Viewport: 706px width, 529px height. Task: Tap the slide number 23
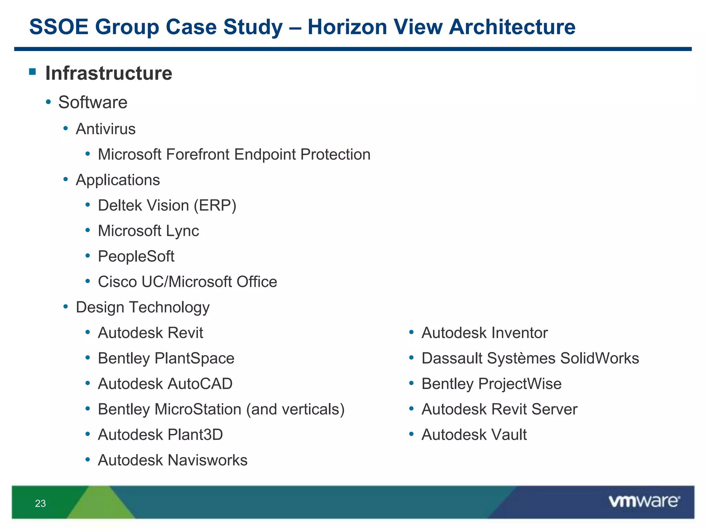(x=40, y=504)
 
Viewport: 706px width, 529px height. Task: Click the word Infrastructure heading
(x=109, y=73)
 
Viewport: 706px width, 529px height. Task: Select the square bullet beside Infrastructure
(x=33, y=72)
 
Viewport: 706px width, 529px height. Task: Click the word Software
(x=93, y=102)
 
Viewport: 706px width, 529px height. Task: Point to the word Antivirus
(x=105, y=129)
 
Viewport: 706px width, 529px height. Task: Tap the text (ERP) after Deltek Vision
(x=215, y=206)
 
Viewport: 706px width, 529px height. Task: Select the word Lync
(x=182, y=231)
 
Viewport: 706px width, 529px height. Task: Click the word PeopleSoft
(x=136, y=257)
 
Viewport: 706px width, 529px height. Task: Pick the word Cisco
(x=117, y=282)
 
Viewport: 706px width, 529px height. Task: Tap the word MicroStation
(x=198, y=409)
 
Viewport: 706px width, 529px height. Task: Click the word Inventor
(x=520, y=333)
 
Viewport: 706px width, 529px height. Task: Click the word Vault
(x=509, y=435)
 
